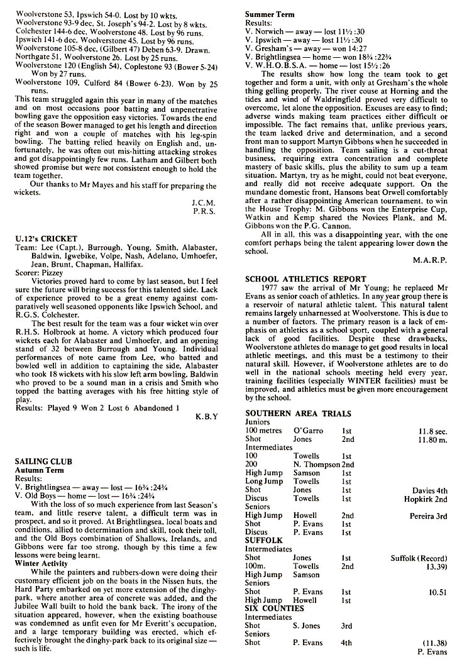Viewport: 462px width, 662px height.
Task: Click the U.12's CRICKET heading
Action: [x=46, y=239]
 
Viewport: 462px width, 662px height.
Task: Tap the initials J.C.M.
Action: [x=204, y=202]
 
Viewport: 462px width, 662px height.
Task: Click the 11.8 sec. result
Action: [x=432, y=431]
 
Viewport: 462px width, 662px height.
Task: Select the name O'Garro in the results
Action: [x=308, y=431]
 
